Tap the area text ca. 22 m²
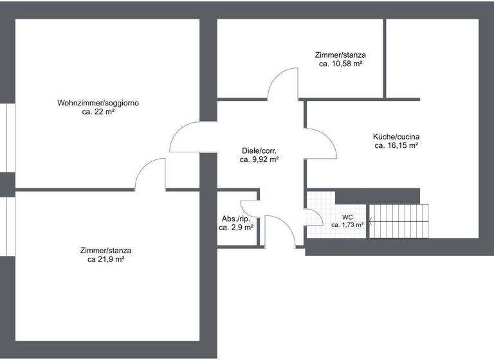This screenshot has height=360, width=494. point(98,112)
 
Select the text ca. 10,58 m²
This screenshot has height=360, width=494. point(340,64)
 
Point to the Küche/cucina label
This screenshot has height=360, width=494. point(396,136)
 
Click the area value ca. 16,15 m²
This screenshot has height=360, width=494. point(396,146)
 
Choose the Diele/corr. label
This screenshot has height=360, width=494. point(259,150)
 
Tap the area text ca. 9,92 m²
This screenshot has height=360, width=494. point(259,159)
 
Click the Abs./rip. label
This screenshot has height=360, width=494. point(235,219)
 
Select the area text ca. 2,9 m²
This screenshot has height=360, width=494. point(235,228)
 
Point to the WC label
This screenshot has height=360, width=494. point(347,217)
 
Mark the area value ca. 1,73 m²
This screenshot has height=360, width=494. point(347,225)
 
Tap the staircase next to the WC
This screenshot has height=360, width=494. point(399,221)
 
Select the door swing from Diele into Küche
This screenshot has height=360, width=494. point(321,144)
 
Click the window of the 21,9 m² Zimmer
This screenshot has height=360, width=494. point(8,225)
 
